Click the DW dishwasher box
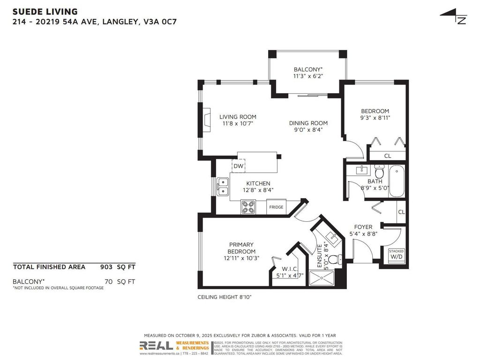click(x=238, y=166)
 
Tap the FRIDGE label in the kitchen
click(x=276, y=207)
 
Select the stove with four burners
click(x=248, y=207)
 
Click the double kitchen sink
click(x=222, y=186)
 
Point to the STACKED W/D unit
click(x=396, y=254)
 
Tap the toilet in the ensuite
click(x=334, y=259)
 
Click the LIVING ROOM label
click(x=238, y=117)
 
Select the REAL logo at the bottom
click(x=156, y=346)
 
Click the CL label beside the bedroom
click(x=388, y=156)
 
